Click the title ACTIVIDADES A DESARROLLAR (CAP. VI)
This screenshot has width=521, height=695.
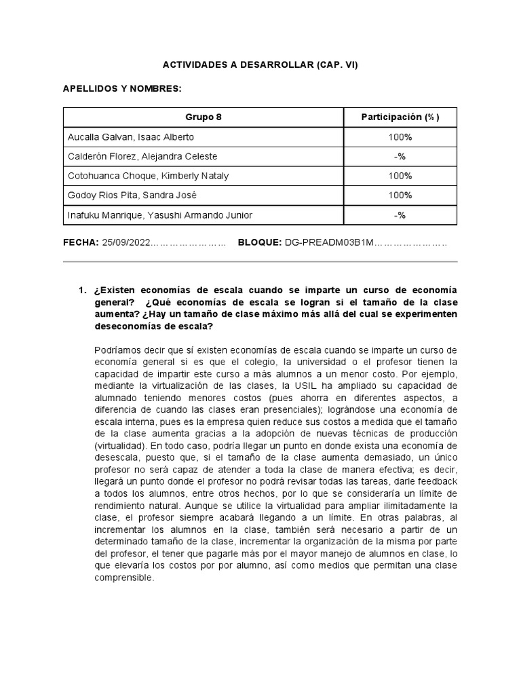260,65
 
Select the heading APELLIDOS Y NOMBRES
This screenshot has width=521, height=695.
122,89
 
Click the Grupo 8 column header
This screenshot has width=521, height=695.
204,117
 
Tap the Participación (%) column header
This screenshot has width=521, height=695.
400,117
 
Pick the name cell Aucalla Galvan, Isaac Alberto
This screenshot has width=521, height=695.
131,137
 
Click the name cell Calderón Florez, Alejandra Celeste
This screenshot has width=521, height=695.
142,157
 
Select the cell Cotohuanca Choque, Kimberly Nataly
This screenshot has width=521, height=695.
148,176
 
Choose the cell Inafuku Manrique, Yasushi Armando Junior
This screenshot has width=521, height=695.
159,215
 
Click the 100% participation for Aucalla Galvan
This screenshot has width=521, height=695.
400,137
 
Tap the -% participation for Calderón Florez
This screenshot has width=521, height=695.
400,157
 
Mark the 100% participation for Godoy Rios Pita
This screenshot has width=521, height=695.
400,195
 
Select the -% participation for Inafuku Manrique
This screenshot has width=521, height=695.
400,215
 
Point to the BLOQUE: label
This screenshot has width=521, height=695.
260,242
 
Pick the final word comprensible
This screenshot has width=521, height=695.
124,579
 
